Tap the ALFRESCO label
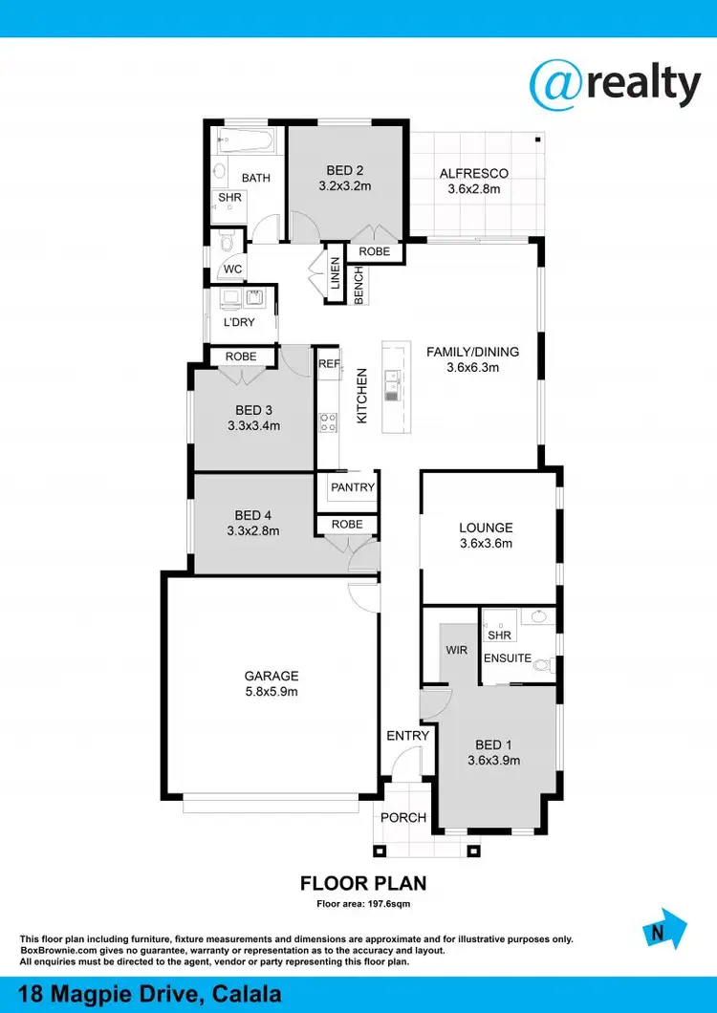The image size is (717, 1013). [x=473, y=173]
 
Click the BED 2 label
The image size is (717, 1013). [x=344, y=170]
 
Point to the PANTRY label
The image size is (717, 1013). [x=353, y=487]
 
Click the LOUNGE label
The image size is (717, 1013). [x=486, y=528]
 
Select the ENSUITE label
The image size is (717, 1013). [x=507, y=657]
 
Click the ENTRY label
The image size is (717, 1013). [x=407, y=736]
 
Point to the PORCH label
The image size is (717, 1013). [x=403, y=817]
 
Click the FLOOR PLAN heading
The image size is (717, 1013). [x=363, y=883]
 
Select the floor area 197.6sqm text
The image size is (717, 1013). [x=363, y=903]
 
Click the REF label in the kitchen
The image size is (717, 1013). [x=328, y=364]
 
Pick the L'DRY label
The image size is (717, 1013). [x=238, y=323]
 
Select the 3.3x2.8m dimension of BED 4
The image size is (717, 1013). [x=253, y=531]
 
